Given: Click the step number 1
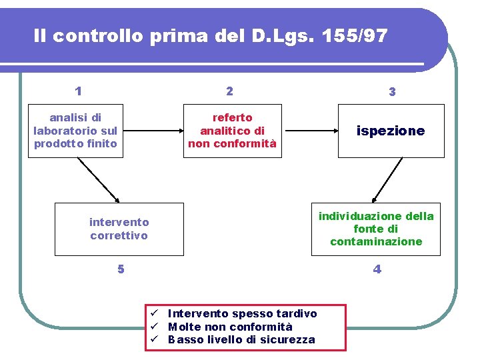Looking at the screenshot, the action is (79, 91).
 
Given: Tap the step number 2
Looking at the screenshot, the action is (229, 91).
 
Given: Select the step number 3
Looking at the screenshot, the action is (392, 93).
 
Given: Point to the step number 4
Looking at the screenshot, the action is (377, 269).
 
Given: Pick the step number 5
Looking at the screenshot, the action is (121, 269).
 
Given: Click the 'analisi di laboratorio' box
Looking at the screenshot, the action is (75, 131).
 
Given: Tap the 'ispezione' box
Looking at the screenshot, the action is (391, 131).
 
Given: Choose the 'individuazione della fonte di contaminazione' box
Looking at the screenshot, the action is (376, 229).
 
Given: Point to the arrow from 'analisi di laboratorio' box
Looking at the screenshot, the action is (97, 179).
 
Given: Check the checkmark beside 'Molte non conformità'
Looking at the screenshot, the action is (153, 327).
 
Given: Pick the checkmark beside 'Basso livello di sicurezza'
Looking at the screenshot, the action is (153, 340).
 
